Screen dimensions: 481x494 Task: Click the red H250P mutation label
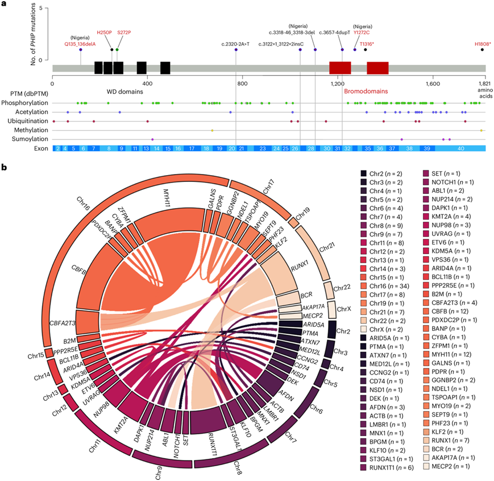(x=105, y=33)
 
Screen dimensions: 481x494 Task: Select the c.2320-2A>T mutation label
(x=235, y=43)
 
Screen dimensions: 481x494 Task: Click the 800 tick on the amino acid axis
(x=241, y=84)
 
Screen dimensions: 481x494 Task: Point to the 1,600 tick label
(x=431, y=84)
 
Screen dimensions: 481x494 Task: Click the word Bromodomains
(x=364, y=91)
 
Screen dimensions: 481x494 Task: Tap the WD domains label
(x=123, y=91)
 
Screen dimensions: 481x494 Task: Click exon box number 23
(x=263, y=148)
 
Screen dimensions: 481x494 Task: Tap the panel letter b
(x=5, y=168)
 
